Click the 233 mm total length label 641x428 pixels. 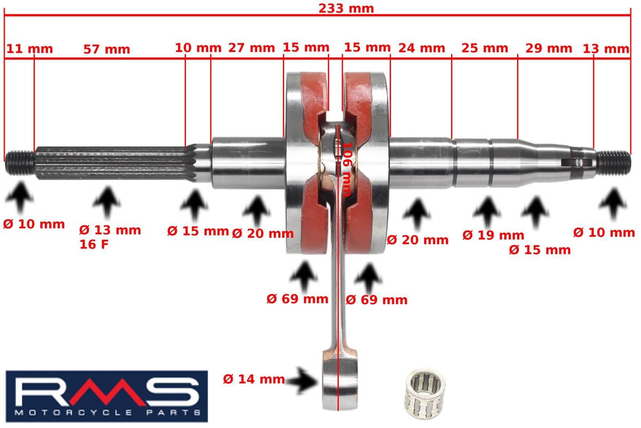click(346, 8)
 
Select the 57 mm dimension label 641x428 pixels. click(106, 49)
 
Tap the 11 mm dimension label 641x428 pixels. click(30, 49)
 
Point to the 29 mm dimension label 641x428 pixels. click(548, 48)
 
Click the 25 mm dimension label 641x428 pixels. click(484, 48)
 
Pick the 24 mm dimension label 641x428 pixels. click(421, 48)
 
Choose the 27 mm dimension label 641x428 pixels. click(251, 48)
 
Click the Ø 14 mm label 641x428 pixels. click(254, 379)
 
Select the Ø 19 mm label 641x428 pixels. click(493, 235)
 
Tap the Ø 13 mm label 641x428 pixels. click(110, 230)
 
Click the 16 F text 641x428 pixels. click(94, 245)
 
